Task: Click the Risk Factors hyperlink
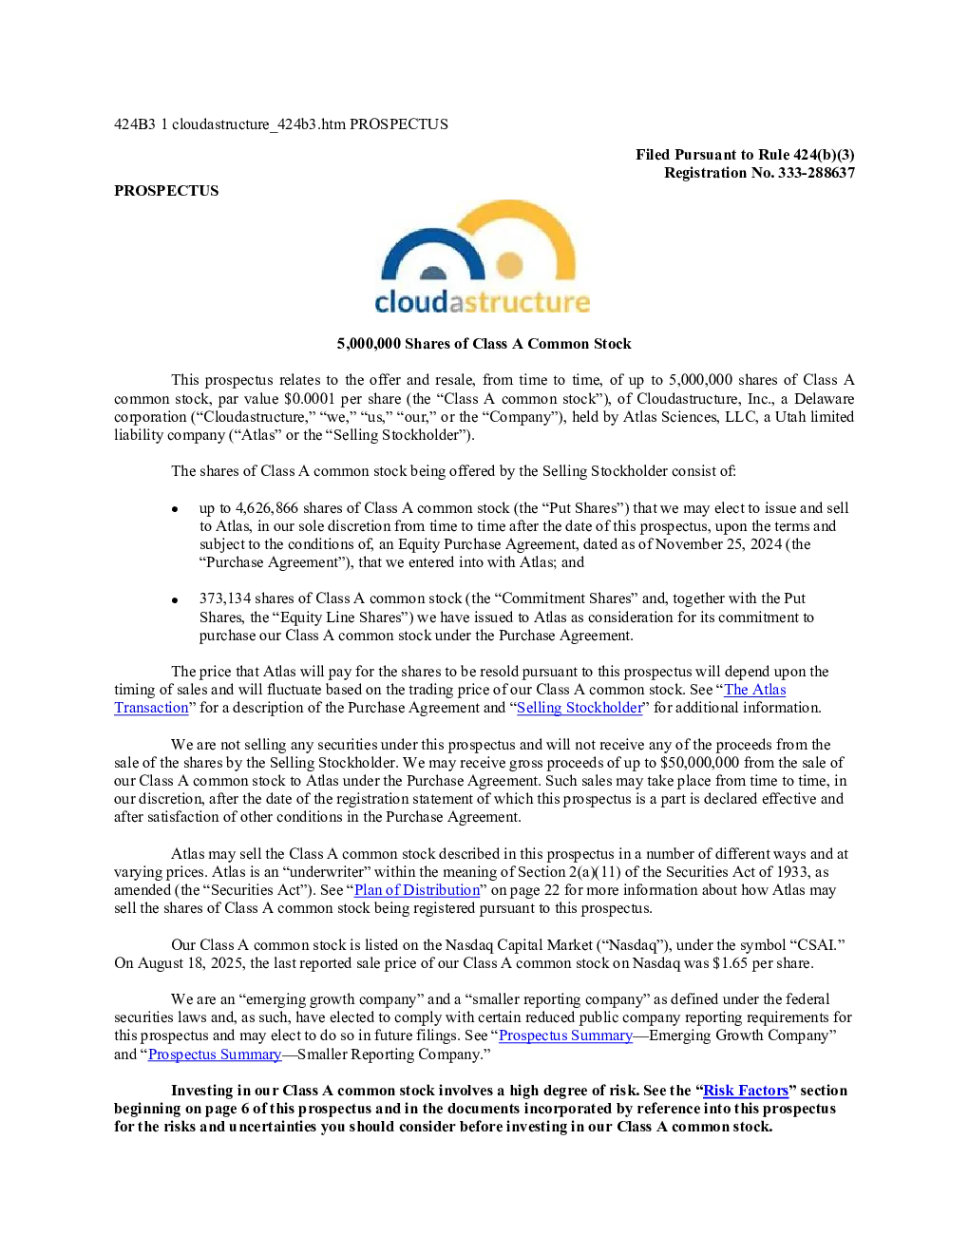(x=746, y=1090)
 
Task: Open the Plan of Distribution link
(x=417, y=889)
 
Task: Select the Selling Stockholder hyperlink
(x=579, y=708)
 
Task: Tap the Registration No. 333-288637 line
(x=759, y=173)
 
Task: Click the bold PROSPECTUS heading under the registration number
(x=166, y=190)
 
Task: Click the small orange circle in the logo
(x=509, y=265)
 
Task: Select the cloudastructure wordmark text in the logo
(x=483, y=302)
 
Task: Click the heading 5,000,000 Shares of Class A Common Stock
(x=484, y=344)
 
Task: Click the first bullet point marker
(x=175, y=509)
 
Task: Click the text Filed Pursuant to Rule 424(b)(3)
(x=745, y=155)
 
